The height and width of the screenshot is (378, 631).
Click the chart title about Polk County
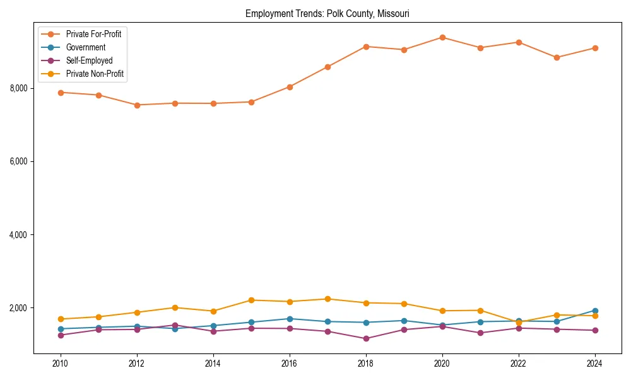[x=327, y=14]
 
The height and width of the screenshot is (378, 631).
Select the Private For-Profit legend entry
[x=93, y=34]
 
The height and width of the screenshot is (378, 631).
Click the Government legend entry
[x=85, y=47]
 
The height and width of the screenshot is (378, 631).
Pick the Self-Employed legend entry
[x=89, y=61]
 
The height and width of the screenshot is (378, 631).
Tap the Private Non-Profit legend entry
[x=95, y=74]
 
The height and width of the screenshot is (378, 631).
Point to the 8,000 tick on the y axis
[x=18, y=88]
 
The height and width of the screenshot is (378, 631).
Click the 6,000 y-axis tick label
[x=18, y=161]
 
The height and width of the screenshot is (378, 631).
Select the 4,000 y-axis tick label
[x=18, y=235]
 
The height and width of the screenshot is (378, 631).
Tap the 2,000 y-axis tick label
[x=18, y=308]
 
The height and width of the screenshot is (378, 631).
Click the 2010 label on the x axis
[x=61, y=364]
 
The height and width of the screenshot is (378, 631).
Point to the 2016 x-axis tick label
[x=290, y=364]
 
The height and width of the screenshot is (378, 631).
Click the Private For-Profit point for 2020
[x=442, y=37]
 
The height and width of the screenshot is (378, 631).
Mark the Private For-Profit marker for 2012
[x=137, y=105]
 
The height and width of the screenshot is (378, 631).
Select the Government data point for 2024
[x=595, y=311]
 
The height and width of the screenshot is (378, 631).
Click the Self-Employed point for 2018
[x=366, y=339]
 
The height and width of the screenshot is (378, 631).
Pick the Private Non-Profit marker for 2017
[x=327, y=299]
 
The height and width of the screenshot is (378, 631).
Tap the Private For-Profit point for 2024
[x=595, y=48]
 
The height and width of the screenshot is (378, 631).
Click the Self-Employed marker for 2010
[x=61, y=335]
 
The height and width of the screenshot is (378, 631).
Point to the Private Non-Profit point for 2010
[x=61, y=319]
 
